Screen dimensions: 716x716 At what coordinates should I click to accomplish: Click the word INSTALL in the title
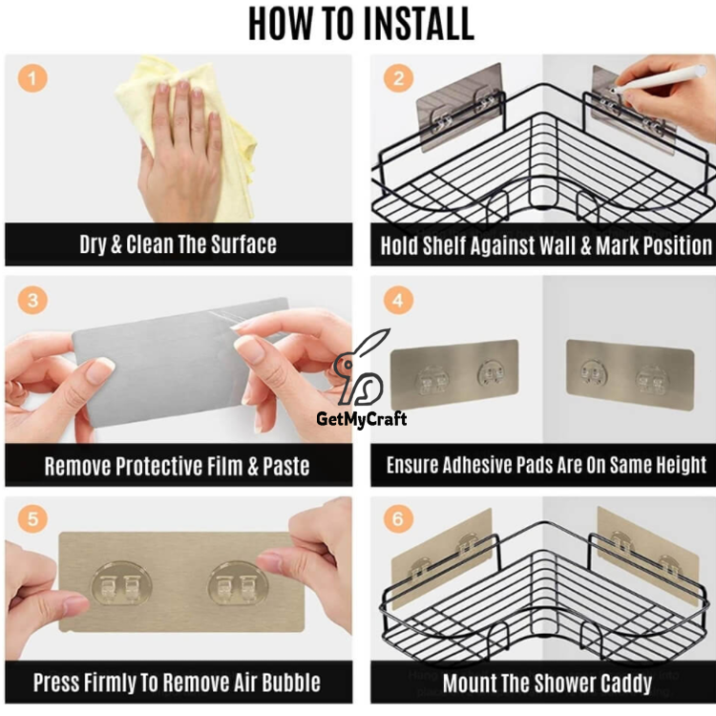tap(423, 24)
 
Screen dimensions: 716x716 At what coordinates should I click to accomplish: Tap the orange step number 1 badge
tap(32, 78)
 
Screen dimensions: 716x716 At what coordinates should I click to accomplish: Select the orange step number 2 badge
tap(398, 78)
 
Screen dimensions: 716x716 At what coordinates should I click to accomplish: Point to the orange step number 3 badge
tap(32, 300)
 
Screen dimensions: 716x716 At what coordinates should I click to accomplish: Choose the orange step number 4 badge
tap(398, 300)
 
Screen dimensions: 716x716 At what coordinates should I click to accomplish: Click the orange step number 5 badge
tap(32, 518)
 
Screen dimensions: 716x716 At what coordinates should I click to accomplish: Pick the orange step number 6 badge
tap(398, 518)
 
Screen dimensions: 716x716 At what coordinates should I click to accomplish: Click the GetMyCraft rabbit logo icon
tap(361, 369)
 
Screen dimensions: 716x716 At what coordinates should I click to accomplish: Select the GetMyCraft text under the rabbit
tap(361, 419)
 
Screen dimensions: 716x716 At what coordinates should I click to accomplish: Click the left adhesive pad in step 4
tap(454, 374)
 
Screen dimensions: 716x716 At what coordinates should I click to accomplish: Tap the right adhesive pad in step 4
tap(630, 374)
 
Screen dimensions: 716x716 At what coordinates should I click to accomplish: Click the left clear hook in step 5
tap(121, 583)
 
